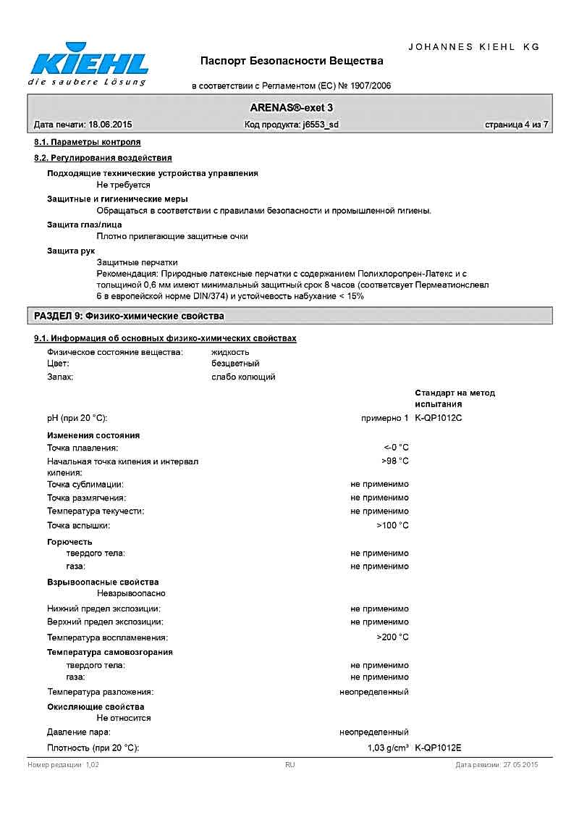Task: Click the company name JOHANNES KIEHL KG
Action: (474, 46)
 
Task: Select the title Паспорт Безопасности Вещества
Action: (292, 61)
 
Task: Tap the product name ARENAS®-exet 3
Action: (292, 107)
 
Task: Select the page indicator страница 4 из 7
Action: (516, 125)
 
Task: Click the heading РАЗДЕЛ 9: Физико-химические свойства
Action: (130, 316)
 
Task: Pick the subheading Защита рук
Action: (66, 251)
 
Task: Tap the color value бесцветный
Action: (235, 364)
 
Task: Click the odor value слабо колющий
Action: (243, 377)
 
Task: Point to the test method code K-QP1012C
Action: (439, 418)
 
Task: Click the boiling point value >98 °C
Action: (395, 461)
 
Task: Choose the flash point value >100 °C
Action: (392, 525)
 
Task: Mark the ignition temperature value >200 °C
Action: (392, 637)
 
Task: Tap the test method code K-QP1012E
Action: (439, 748)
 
